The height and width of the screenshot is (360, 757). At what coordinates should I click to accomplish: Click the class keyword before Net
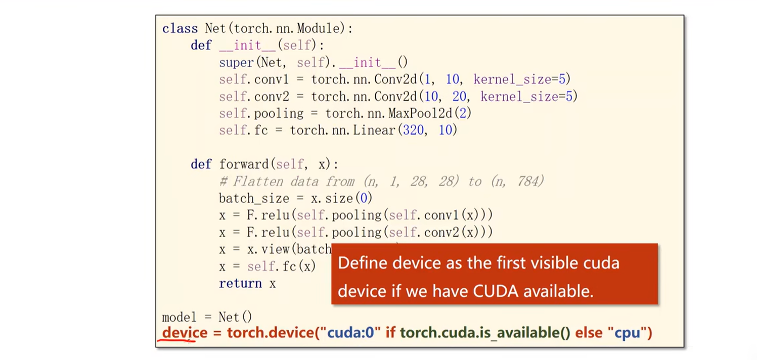(x=180, y=29)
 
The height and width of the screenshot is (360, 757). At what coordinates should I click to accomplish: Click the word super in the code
(x=236, y=63)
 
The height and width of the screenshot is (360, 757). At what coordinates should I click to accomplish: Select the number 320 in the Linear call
(x=414, y=130)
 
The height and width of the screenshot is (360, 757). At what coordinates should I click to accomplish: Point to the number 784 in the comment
(x=527, y=182)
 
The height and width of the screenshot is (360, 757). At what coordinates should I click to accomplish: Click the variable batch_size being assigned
(x=247, y=198)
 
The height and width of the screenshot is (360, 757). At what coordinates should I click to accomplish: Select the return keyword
(x=240, y=283)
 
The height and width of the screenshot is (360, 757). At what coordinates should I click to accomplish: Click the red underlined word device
(x=185, y=333)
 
